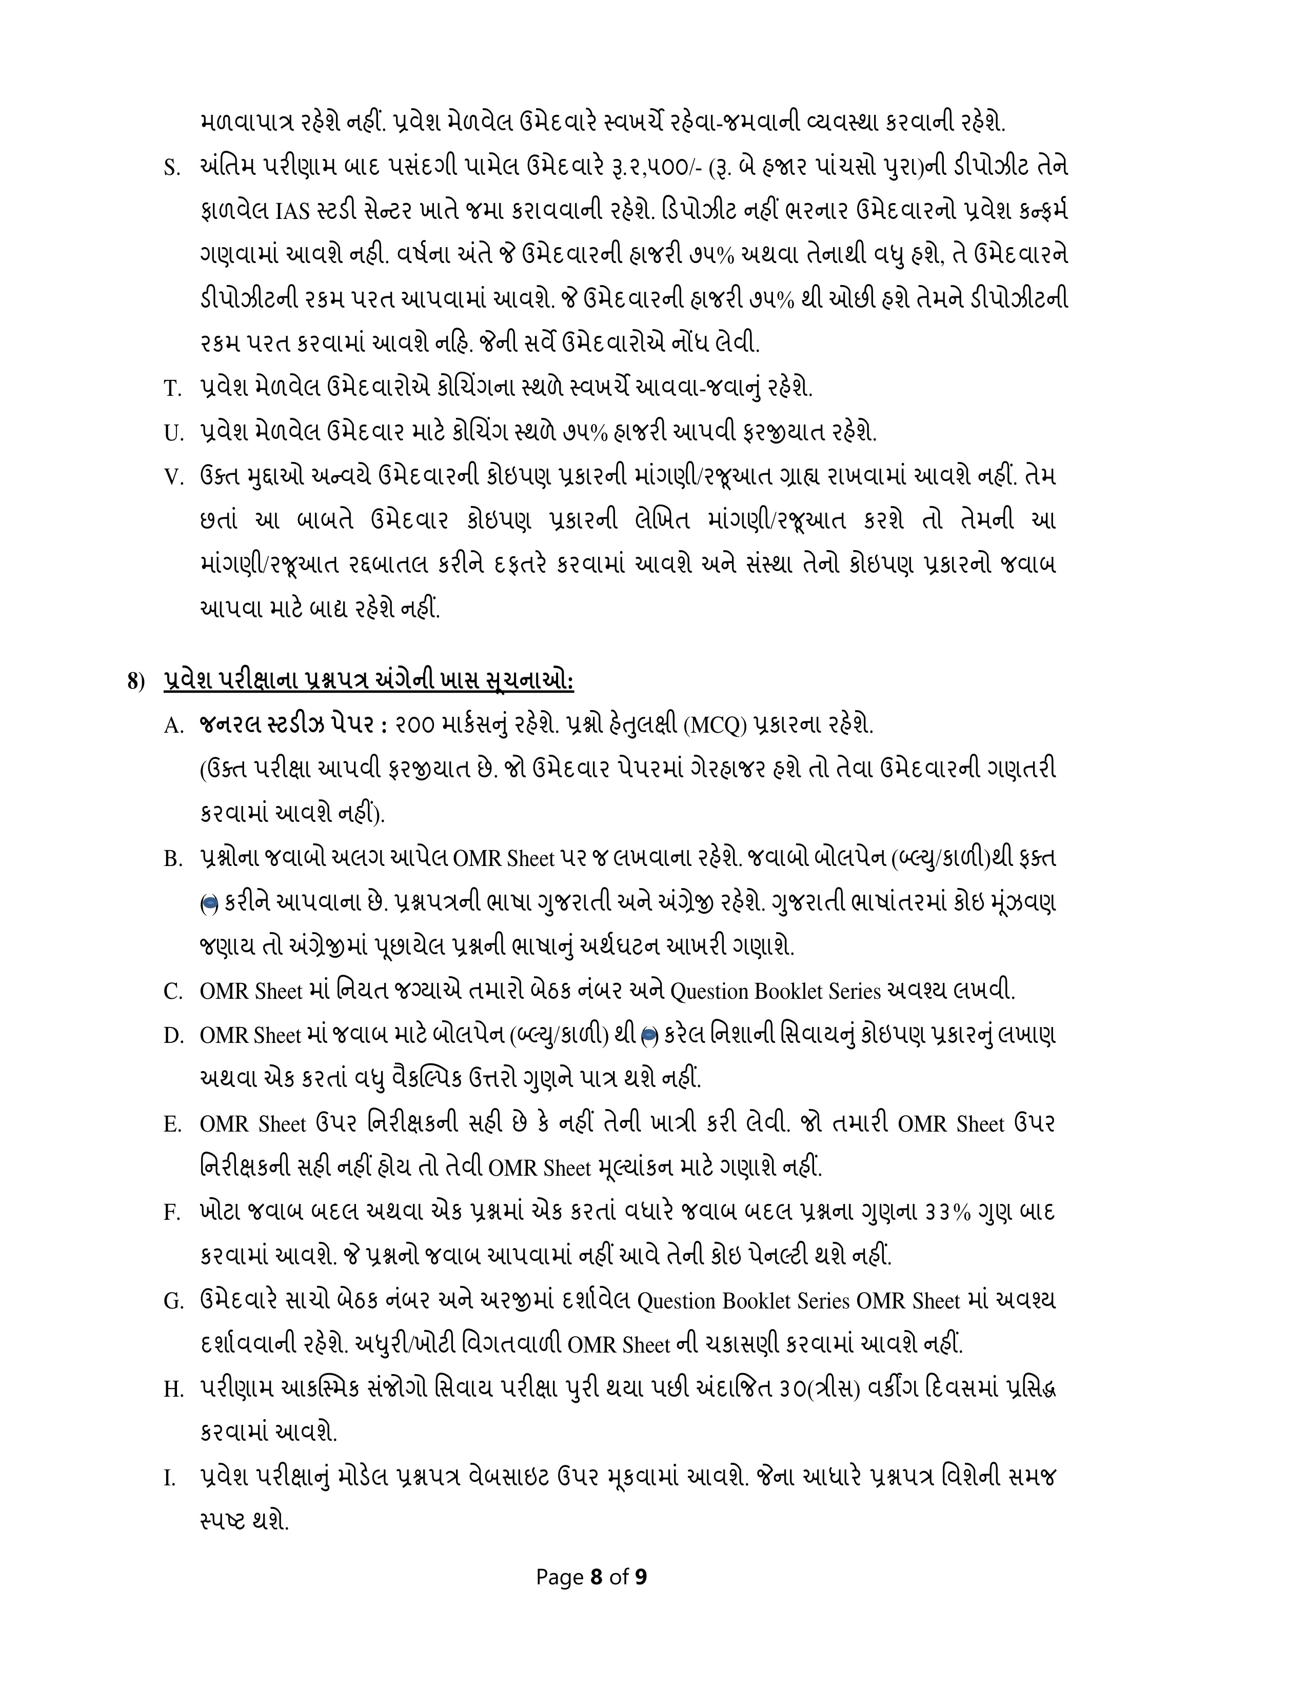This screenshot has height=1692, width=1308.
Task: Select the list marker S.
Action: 171,169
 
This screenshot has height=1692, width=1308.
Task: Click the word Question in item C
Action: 709,992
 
